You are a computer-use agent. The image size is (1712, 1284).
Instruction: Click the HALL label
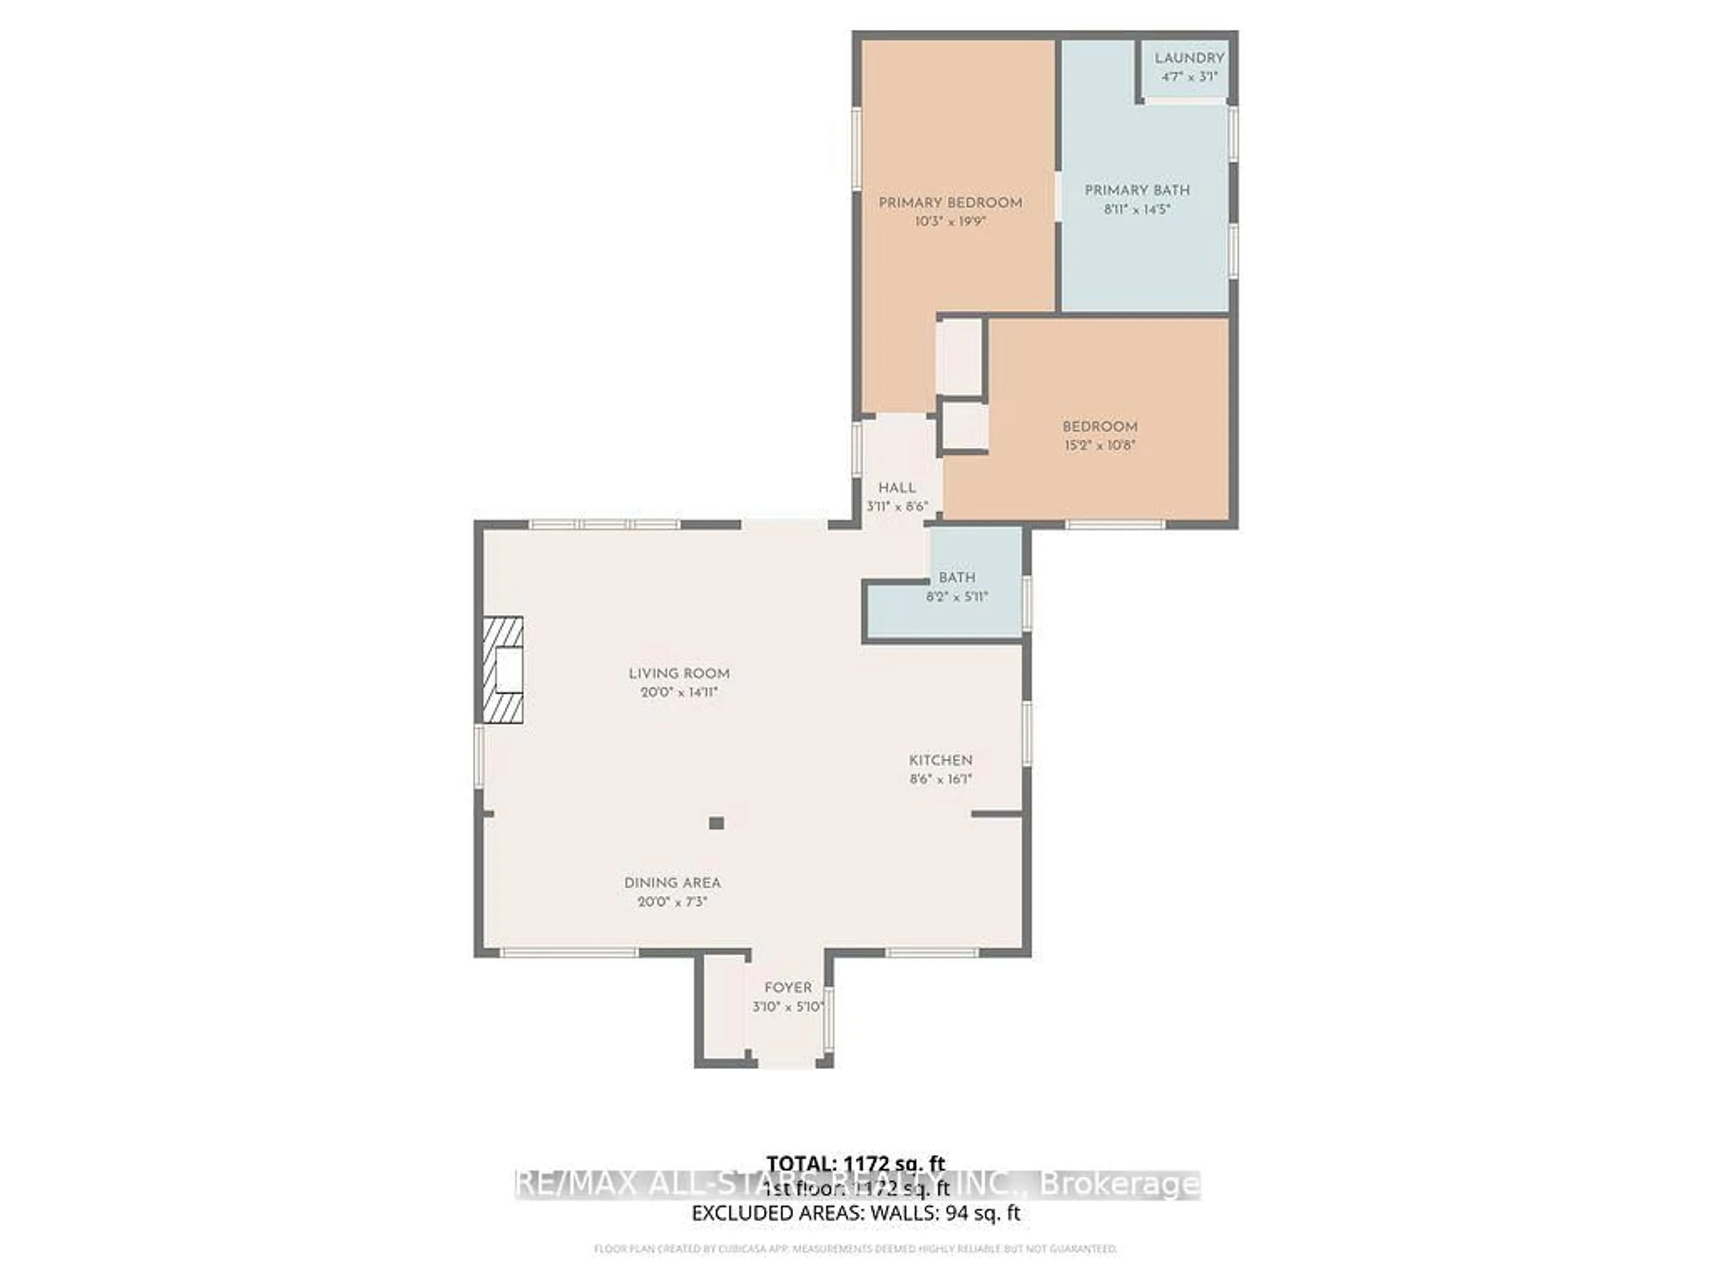[897, 488]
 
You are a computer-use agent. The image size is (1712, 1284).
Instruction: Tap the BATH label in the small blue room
[957, 577]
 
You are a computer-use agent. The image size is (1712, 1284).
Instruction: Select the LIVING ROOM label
[679, 673]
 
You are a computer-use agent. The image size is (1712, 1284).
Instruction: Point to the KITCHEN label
[940, 760]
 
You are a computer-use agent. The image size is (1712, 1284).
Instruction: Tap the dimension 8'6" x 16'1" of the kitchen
[940, 779]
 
